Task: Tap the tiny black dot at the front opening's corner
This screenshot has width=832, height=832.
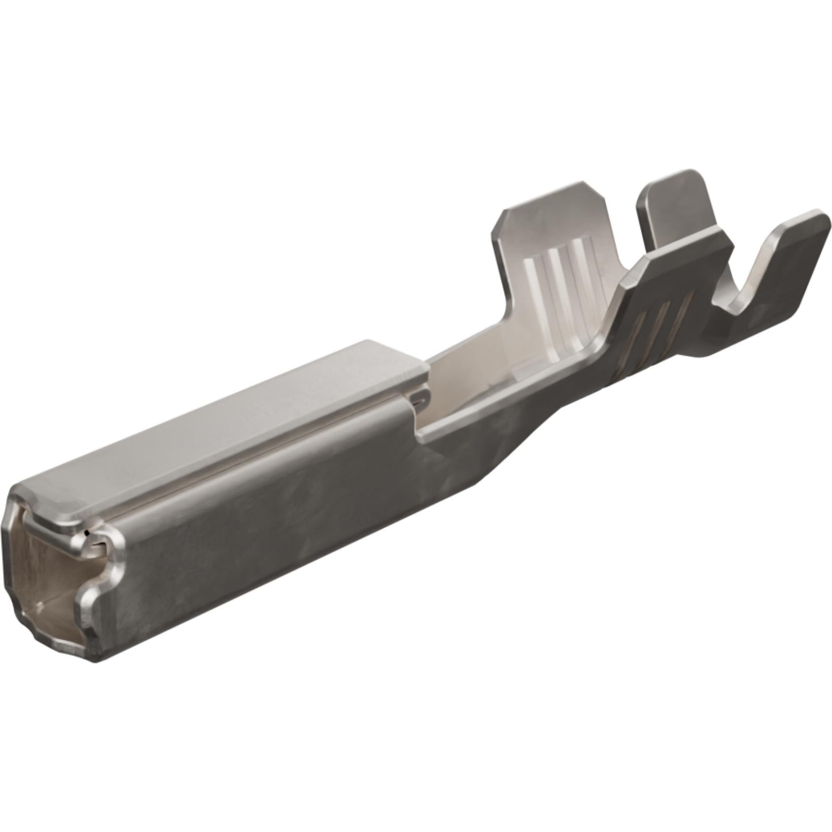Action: [88, 532]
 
